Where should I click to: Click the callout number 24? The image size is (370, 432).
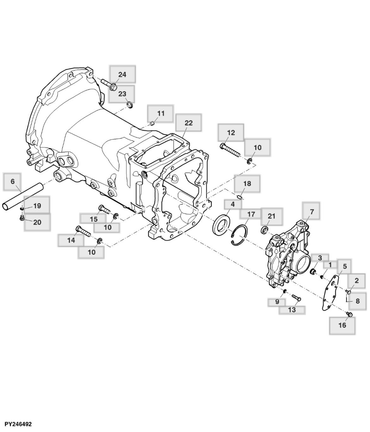(122, 74)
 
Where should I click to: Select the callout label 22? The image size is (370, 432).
(188, 123)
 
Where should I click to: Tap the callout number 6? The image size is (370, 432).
(13, 182)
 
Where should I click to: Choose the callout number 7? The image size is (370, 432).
(312, 212)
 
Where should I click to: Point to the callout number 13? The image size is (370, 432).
(292, 310)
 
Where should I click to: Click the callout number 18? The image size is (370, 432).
(247, 183)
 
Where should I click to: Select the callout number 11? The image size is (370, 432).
(161, 114)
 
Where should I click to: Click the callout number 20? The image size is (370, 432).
(37, 222)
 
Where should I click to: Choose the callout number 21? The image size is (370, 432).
(272, 216)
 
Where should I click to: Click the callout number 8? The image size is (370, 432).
(358, 301)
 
